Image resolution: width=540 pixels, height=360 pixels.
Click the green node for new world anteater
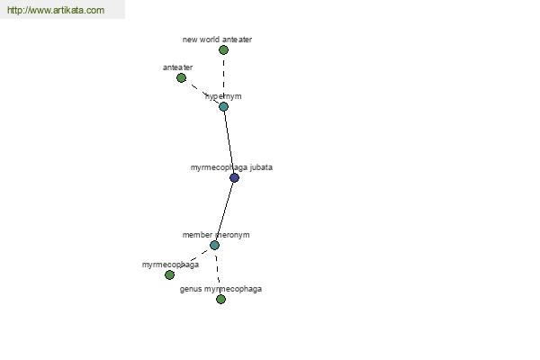[223, 50]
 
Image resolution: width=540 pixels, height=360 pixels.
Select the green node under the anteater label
[181, 78]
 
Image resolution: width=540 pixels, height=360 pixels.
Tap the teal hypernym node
[223, 107]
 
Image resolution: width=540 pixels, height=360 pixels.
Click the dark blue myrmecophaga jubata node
[234, 178]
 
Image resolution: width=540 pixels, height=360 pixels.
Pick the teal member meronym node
[214, 246]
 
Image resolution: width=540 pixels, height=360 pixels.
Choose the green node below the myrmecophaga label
[169, 274]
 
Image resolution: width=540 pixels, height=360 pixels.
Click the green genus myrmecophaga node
[220, 299]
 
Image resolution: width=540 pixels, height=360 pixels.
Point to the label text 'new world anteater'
[217, 40]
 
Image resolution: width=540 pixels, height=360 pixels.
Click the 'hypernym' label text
[223, 96]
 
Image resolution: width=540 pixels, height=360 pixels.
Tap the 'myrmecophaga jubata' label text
[231, 167]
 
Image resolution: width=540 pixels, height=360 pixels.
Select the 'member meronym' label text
[216, 235]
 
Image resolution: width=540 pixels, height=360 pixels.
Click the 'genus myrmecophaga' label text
[220, 289]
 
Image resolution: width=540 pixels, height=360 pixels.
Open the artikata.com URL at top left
[56, 10]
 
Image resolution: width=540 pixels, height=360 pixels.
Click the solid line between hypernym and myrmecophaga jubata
[229, 142]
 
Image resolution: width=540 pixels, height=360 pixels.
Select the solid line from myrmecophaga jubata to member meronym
[224, 211]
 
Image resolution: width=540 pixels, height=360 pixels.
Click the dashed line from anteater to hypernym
[202, 93]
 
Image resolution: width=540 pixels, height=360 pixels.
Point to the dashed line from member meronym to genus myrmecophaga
[218, 272]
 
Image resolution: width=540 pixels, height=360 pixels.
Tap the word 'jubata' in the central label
[261, 167]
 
